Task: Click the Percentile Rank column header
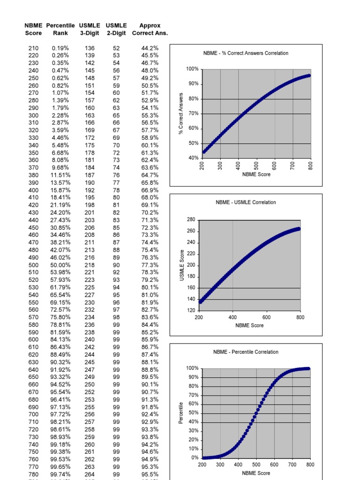pyautogui.click(x=60, y=29)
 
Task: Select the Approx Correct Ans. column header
pyautogui.click(x=150, y=29)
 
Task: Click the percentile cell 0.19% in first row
pyautogui.click(x=60, y=48)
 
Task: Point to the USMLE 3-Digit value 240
pyautogui.click(x=90, y=339)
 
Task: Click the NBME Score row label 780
pyautogui.click(x=33, y=474)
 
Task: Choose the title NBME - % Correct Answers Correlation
pyautogui.click(x=246, y=53)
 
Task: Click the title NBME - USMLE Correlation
pyautogui.click(x=246, y=202)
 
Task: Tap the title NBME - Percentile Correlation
pyautogui.click(x=246, y=352)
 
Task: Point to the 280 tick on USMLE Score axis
pyautogui.click(x=190, y=220)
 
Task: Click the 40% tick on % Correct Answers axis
pyautogui.click(x=193, y=158)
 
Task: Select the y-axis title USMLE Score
pyautogui.click(x=182, y=265)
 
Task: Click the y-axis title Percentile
pyautogui.click(x=181, y=412)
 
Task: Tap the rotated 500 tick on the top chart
pyautogui.click(x=256, y=166)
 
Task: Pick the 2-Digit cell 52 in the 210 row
pyautogui.click(x=116, y=48)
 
